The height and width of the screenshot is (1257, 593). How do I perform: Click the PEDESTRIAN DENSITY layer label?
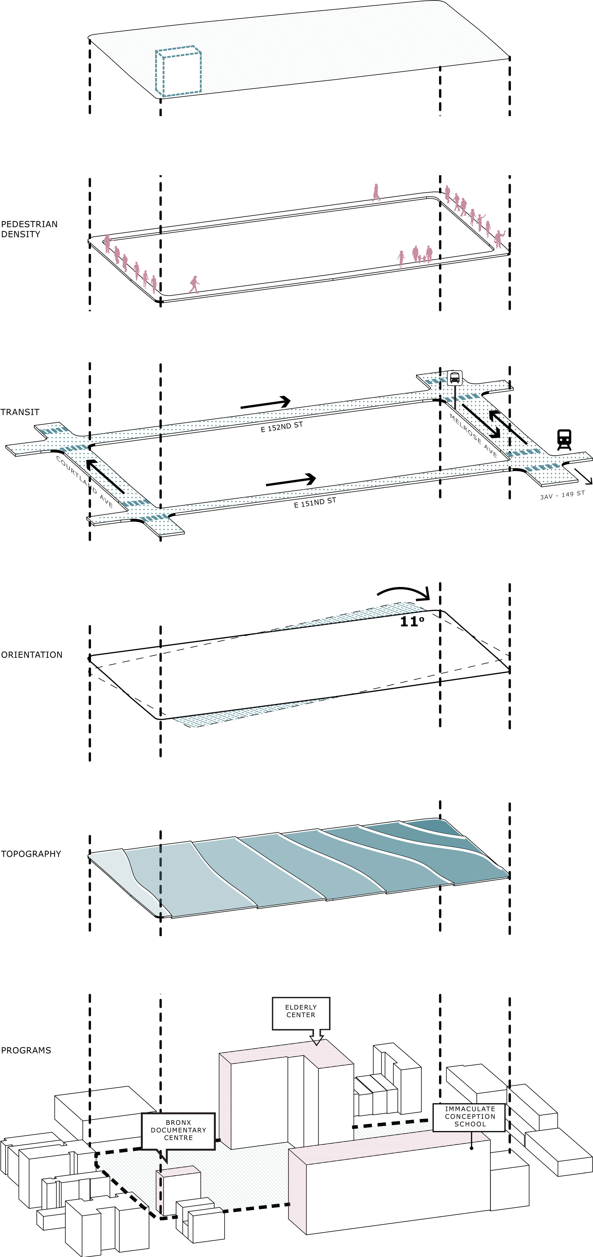(x=29, y=229)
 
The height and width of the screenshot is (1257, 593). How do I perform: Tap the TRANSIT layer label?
(x=20, y=412)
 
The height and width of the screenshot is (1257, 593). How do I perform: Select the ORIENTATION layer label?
(x=32, y=655)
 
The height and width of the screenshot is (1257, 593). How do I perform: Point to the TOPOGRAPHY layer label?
(x=31, y=854)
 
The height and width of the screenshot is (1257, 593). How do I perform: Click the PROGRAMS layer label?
(x=26, y=1050)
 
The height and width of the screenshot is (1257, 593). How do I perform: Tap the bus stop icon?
(x=455, y=378)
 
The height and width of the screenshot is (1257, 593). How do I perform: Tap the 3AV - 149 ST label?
(x=562, y=495)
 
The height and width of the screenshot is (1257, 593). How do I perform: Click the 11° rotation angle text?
(x=412, y=621)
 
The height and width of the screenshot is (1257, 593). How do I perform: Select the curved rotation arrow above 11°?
(x=404, y=593)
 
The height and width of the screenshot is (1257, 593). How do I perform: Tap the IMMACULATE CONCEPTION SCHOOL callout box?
(x=470, y=1116)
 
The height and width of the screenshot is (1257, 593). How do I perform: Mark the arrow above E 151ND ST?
(x=291, y=481)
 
